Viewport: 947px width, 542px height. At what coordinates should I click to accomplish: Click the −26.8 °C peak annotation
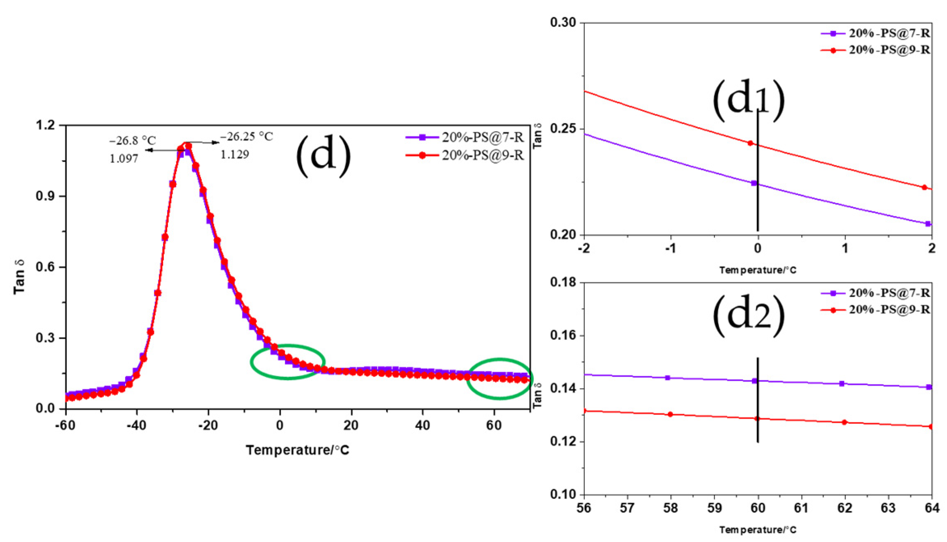(132, 141)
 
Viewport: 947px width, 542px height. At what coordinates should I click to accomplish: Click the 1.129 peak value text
(235, 155)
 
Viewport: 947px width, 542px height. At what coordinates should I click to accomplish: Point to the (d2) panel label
(748, 316)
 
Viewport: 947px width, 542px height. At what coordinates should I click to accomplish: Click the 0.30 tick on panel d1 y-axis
(563, 23)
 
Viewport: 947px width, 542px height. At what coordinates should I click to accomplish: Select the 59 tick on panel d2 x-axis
(714, 508)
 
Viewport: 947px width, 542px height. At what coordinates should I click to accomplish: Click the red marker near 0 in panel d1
(750, 143)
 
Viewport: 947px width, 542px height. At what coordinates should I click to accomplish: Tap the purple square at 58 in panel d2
(668, 378)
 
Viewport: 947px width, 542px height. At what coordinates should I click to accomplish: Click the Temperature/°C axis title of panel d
(297, 450)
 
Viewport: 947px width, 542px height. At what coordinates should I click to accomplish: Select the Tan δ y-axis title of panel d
(19, 277)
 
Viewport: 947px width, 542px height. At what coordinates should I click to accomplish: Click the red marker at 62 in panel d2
(844, 422)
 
